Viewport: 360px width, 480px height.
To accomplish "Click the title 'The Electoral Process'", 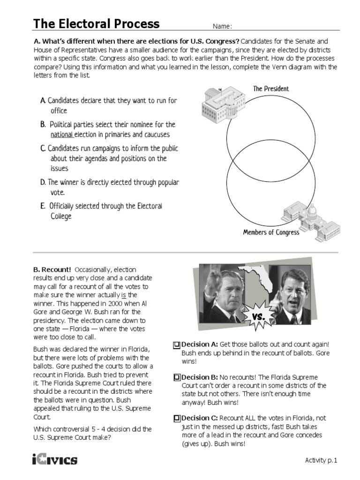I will click(96, 24).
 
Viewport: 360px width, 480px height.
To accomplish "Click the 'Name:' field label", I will click(223, 26).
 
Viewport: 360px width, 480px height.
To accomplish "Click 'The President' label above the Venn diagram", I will click(270, 89).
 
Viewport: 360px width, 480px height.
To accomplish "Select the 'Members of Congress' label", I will click(270, 232).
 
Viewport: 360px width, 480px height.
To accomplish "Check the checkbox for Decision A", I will click(176, 345).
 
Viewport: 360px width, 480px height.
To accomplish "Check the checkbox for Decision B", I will click(176, 377).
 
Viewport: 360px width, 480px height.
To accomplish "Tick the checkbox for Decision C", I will click(176, 418).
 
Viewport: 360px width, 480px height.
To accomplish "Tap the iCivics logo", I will click(55, 459).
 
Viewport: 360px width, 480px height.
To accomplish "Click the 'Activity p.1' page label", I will click(321, 460).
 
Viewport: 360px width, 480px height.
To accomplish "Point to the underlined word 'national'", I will click(62, 135).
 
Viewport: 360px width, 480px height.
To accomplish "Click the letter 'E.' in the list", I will click(43, 206).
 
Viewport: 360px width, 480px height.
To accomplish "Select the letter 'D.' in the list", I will click(43, 182).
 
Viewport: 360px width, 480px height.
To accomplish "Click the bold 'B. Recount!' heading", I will click(52, 270).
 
